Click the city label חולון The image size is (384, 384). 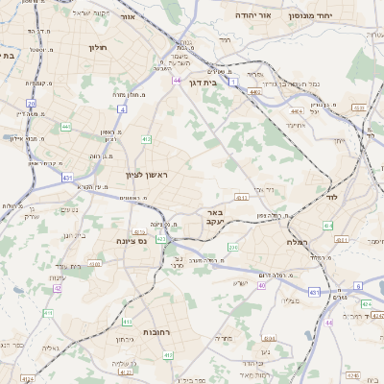[x=97, y=46]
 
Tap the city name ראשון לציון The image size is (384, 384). [x=146, y=174]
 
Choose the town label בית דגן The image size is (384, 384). [x=204, y=83]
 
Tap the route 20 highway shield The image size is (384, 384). [x=32, y=103]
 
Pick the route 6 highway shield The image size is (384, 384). [x=357, y=285]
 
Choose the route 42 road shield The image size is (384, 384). [x=58, y=287]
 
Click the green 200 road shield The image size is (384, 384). [x=234, y=248]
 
